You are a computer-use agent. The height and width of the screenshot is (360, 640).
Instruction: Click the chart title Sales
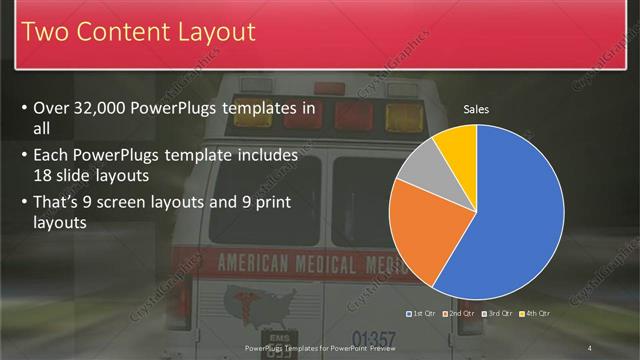coord(476,109)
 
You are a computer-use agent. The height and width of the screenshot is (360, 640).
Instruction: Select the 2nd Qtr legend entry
coord(459,314)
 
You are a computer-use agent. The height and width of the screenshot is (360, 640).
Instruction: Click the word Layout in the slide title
coord(205,32)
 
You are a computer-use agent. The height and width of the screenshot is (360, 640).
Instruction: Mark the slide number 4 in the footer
coord(590,348)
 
